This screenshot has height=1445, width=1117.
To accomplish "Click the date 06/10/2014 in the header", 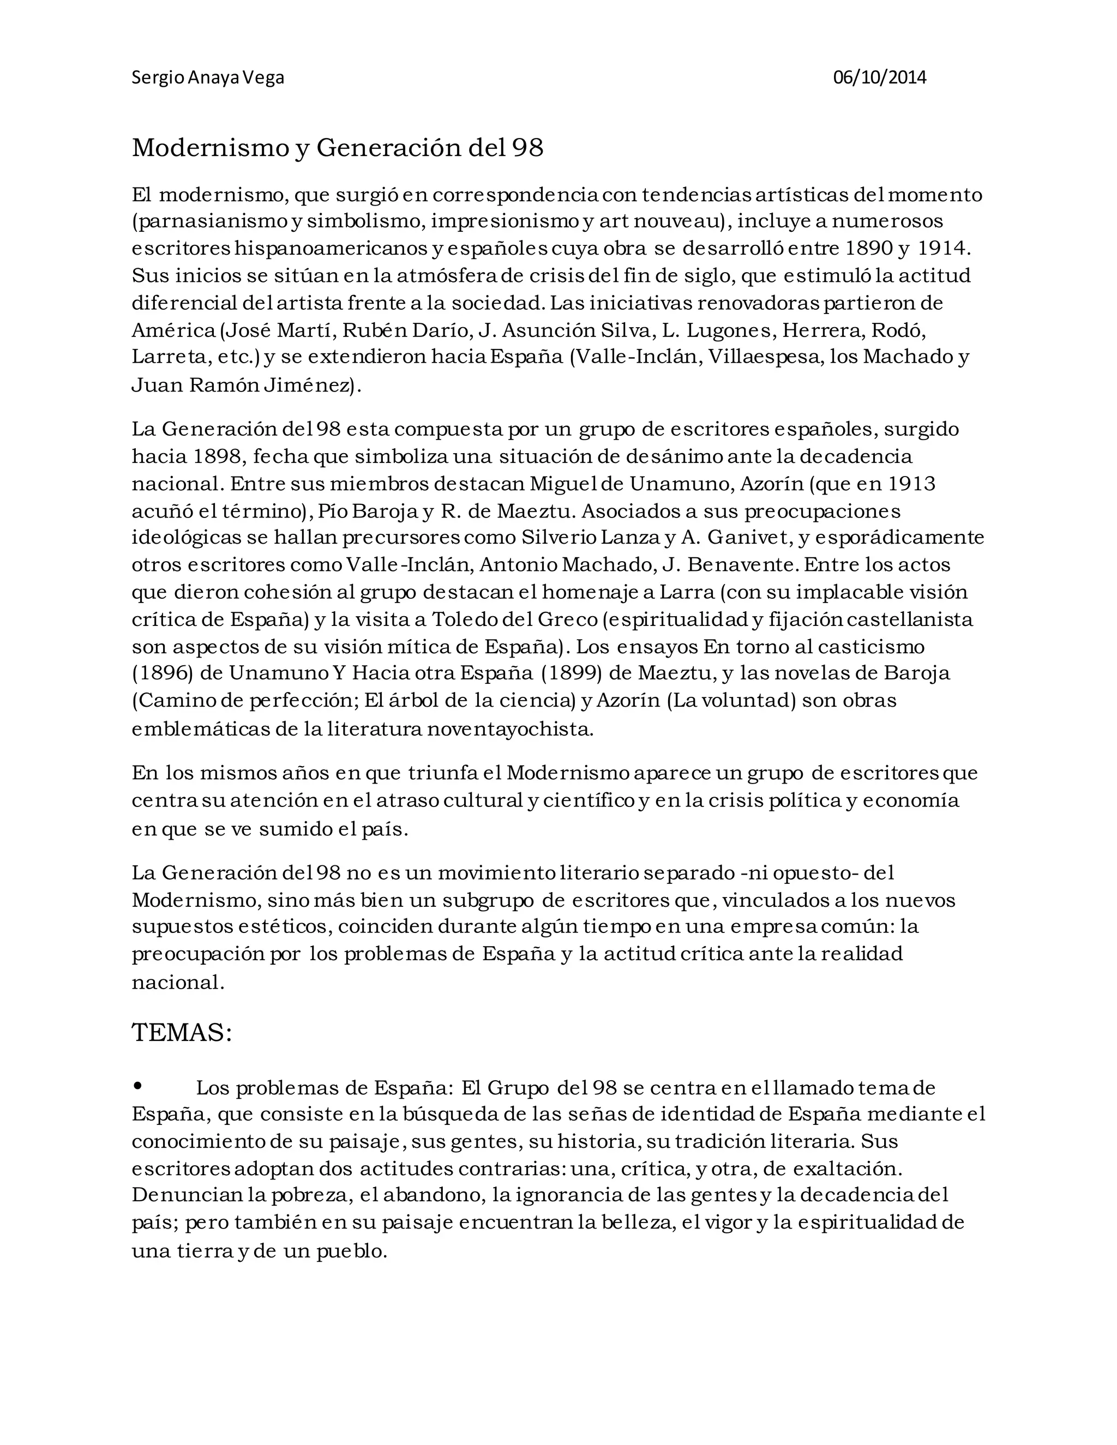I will click(x=879, y=78).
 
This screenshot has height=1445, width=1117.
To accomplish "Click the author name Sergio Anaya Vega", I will click(x=208, y=78).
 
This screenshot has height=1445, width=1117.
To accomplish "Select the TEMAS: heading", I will click(x=182, y=1032).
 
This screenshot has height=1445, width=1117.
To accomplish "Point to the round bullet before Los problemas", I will click(x=137, y=1086).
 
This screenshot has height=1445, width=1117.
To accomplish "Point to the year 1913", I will click(x=911, y=484).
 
